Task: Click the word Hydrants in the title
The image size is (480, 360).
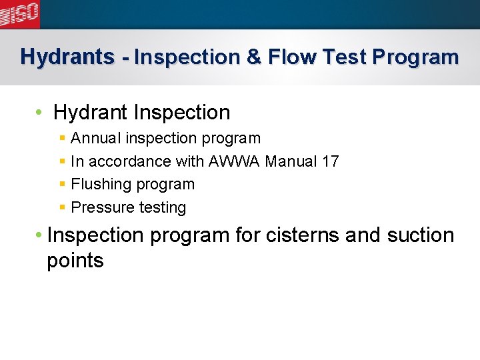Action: point(67,57)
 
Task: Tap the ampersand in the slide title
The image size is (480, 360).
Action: point(254,57)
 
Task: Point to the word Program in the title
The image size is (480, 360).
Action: point(415,57)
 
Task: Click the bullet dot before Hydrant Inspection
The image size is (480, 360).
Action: point(40,112)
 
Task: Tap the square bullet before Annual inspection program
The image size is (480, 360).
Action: point(61,139)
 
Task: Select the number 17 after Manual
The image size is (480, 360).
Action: point(329,161)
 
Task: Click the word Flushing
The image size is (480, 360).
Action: point(97,185)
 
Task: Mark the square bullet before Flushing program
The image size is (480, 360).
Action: point(61,185)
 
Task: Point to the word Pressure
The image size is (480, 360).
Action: point(100,208)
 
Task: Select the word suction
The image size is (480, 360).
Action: point(420,235)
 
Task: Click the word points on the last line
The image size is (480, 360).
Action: point(75,261)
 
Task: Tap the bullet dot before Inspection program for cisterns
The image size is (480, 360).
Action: point(40,235)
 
